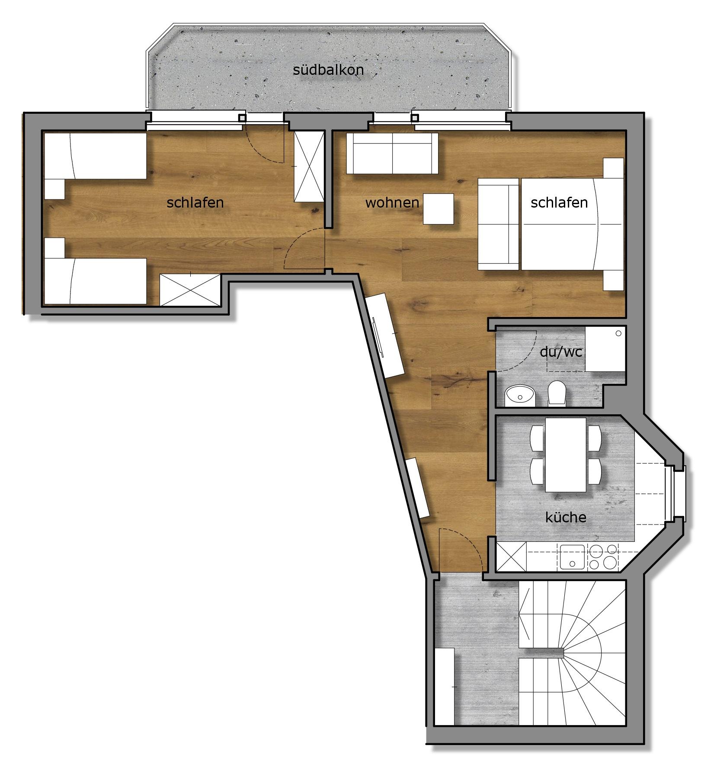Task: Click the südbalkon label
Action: point(328,70)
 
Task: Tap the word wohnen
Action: point(392,202)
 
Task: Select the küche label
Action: point(566,517)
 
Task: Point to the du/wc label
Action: point(561,352)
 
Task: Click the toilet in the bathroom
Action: point(557,393)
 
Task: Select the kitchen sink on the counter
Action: point(572,557)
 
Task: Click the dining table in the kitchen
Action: point(566,454)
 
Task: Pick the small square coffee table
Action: point(438,209)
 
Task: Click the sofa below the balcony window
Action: point(392,154)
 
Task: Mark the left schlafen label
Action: point(195,202)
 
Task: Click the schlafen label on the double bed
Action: point(559,202)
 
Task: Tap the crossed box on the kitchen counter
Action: point(511,557)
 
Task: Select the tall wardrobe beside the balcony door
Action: point(309,166)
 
